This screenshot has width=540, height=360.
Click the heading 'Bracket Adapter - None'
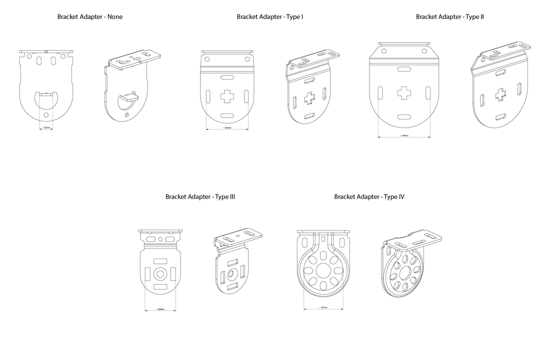[x=90, y=17]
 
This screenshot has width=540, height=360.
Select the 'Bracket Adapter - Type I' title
[x=270, y=17]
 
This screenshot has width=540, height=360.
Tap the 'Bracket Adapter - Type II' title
[x=450, y=17]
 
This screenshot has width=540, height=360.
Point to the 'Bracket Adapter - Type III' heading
[x=200, y=197]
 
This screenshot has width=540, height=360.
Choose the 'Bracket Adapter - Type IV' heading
[x=369, y=197]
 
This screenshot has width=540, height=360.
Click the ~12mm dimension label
[x=46, y=128]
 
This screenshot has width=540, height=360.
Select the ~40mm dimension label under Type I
[x=227, y=128]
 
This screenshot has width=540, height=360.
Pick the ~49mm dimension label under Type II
[x=404, y=135]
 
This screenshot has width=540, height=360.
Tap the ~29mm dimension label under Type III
[x=160, y=310]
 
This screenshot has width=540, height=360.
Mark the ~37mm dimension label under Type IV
[x=323, y=308]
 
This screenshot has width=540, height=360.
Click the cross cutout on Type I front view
[x=226, y=96]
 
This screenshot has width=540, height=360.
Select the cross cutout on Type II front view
[x=404, y=92]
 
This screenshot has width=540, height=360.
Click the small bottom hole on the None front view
[x=46, y=115]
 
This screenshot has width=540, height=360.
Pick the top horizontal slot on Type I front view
[x=226, y=77]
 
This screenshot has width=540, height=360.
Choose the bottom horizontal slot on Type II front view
[x=404, y=116]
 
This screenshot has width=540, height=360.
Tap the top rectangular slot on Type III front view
[x=161, y=261]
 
